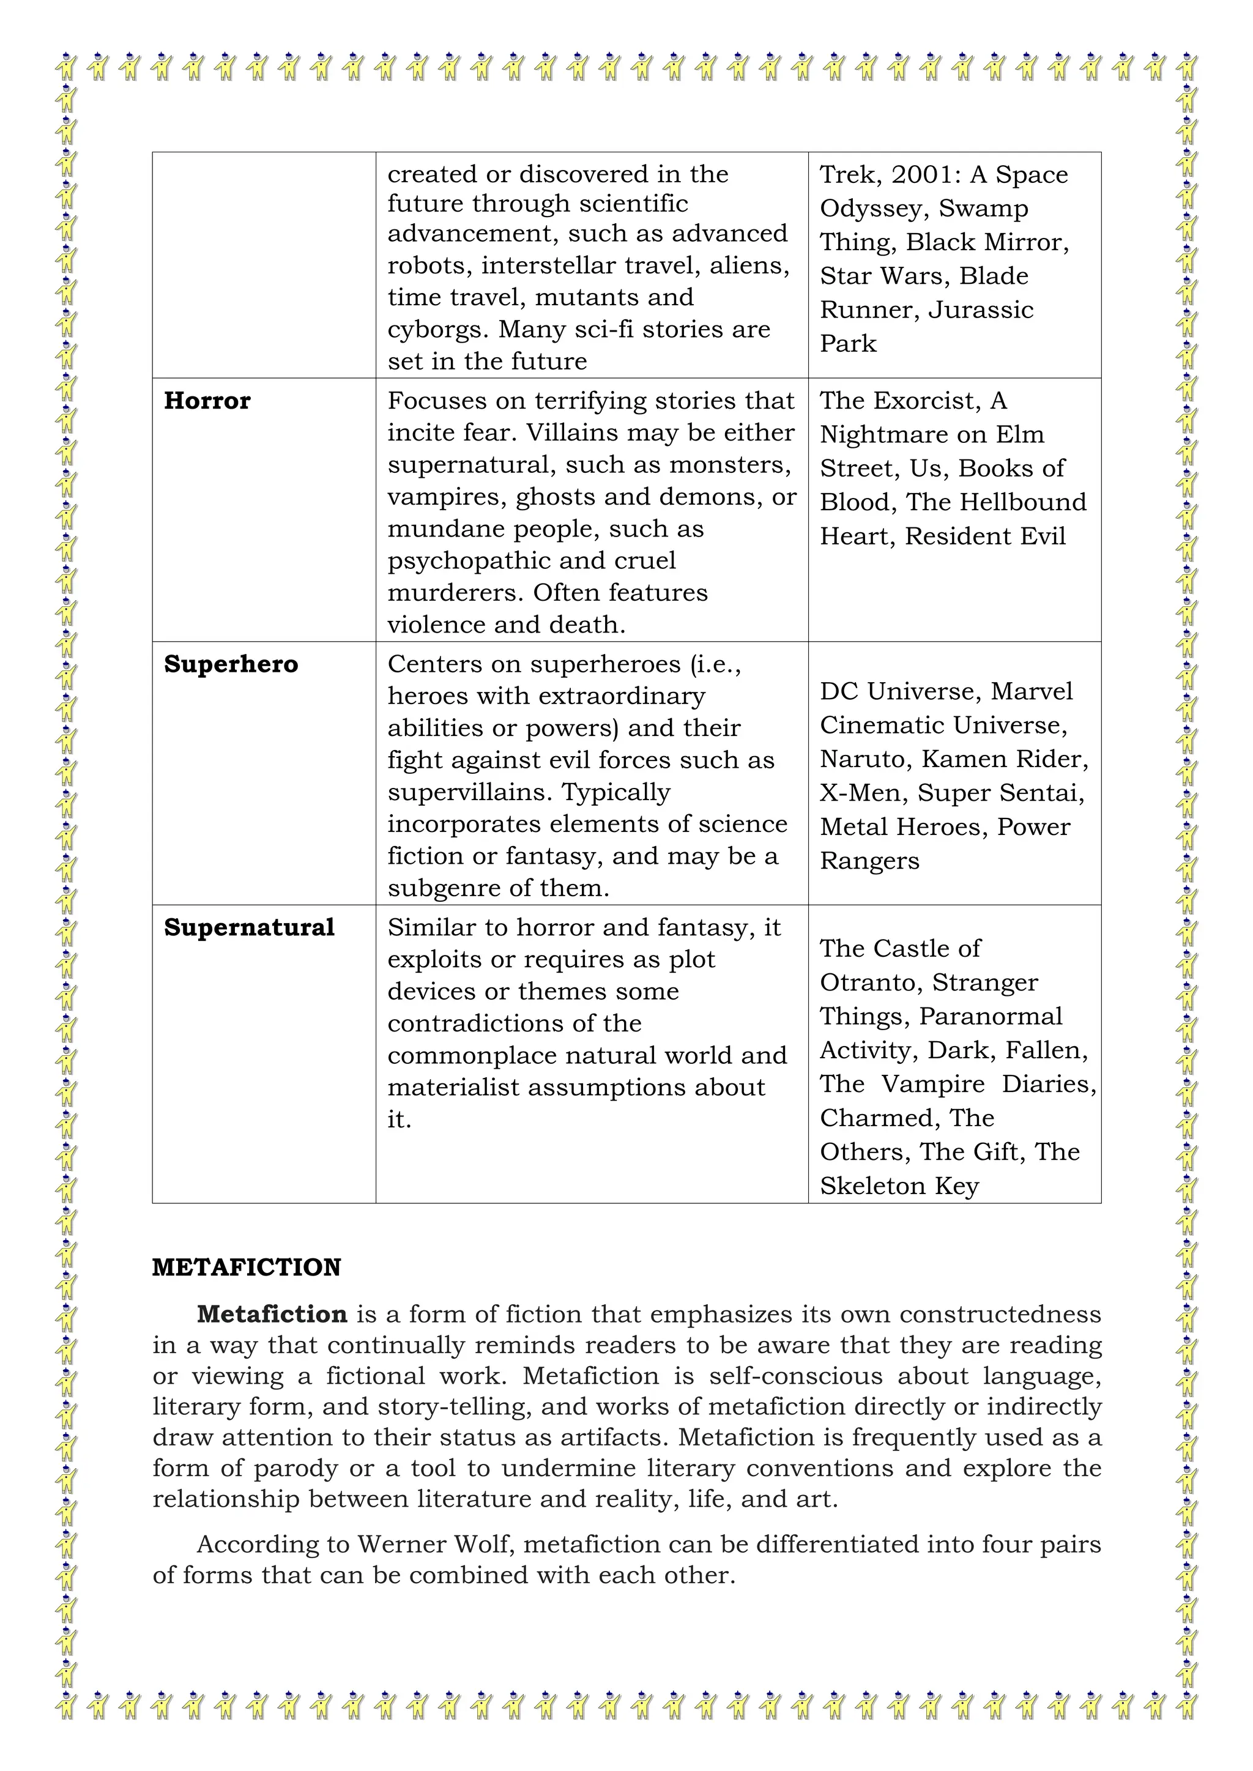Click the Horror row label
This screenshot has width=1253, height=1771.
tap(207, 401)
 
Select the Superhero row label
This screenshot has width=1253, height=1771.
tap(231, 665)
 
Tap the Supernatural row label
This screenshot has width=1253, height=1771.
tap(249, 928)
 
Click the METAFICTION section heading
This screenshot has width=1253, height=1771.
tap(246, 1268)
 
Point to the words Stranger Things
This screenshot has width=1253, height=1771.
tap(984, 982)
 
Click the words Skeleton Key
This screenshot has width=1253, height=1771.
tap(899, 1186)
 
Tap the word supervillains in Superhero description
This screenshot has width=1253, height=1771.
tap(470, 792)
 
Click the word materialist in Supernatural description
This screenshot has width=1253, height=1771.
tap(450, 1088)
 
